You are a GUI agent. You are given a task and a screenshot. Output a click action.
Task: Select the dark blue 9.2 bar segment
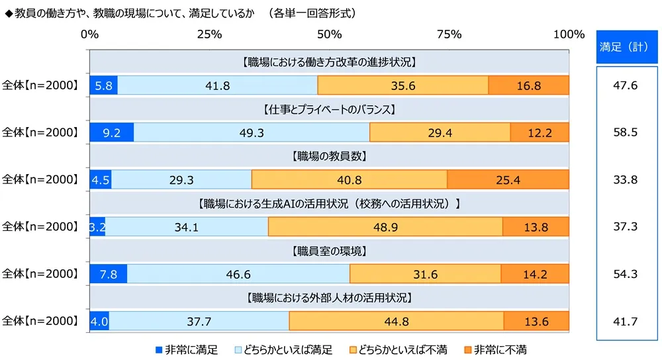pyautogui.click(x=111, y=132)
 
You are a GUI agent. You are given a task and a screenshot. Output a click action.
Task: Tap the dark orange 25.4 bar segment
pyautogui.click(x=508, y=179)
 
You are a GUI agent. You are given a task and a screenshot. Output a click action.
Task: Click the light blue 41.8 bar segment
pyautogui.click(x=217, y=85)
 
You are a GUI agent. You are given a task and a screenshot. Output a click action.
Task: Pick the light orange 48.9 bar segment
pyautogui.click(x=385, y=227)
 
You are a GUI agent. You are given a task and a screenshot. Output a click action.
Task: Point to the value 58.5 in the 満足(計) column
pyautogui.click(x=625, y=132)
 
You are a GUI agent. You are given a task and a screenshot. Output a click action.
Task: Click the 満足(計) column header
pyautogui.click(x=625, y=47)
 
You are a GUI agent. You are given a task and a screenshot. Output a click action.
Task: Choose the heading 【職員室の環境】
pyautogui.click(x=329, y=251)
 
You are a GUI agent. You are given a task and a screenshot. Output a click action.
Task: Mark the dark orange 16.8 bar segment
pyautogui.click(x=528, y=85)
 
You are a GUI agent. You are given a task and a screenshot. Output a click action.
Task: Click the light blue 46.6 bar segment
pyautogui.click(x=238, y=274)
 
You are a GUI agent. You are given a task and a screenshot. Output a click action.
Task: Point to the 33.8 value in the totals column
pyautogui.click(x=625, y=179)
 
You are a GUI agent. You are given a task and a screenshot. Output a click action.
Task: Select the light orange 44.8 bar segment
pyautogui.click(x=396, y=322)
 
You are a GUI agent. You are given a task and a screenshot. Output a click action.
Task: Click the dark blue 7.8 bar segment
pyautogui.click(x=108, y=274)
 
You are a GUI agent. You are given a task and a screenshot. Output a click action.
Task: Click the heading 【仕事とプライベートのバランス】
pyautogui.click(x=329, y=110)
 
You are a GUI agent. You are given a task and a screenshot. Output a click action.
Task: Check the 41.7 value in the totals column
pyautogui.click(x=625, y=322)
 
